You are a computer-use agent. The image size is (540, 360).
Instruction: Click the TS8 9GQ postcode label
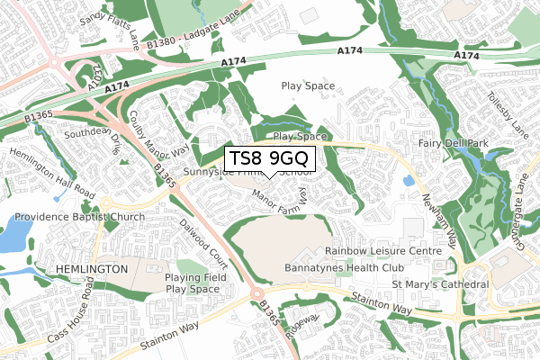click(269, 158)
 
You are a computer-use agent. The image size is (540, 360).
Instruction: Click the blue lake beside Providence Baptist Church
click(13, 233)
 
